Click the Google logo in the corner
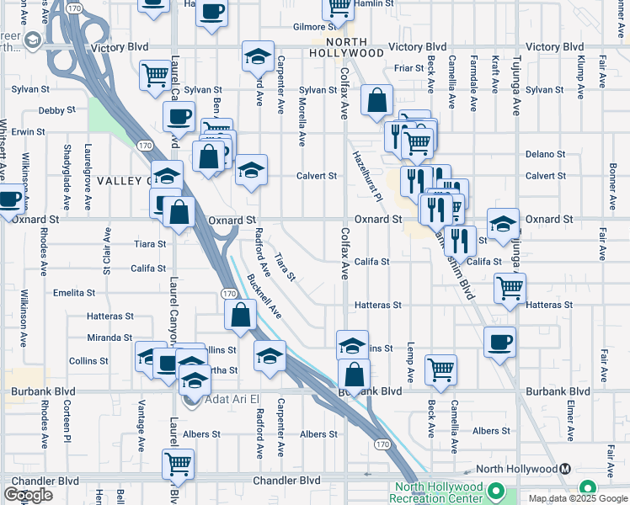tap(29, 494)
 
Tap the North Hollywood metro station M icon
tap(565, 469)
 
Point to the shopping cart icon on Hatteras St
tap(510, 289)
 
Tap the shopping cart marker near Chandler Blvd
tap(178, 463)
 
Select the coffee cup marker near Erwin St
tap(178, 116)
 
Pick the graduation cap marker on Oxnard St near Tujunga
tap(503, 224)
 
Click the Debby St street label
tap(57, 109)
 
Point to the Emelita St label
tap(74, 293)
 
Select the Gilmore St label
tap(309, 27)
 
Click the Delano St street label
tap(545, 154)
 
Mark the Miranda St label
tap(110, 338)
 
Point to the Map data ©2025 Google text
tap(578, 498)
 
